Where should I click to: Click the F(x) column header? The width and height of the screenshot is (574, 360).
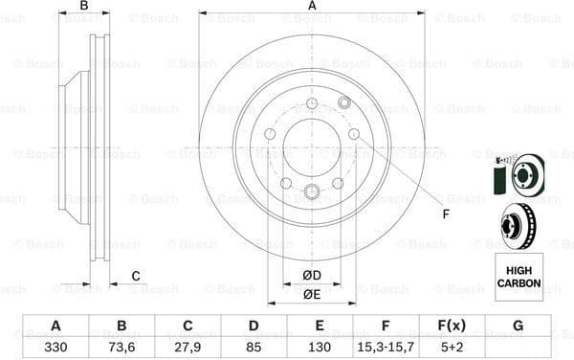coord(452,326)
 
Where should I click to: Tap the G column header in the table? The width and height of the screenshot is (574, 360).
coord(518,326)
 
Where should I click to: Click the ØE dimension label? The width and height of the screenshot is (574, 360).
coord(311,294)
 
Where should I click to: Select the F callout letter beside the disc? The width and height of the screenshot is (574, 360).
coord(445,214)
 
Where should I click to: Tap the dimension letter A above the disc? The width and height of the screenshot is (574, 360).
coord(312,7)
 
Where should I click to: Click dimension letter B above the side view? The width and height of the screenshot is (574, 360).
coord(83,7)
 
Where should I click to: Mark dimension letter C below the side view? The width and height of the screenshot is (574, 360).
coord(136,277)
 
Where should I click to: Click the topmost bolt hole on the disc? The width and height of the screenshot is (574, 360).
coord(311,103)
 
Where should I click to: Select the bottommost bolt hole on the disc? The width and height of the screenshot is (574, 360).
coord(311,191)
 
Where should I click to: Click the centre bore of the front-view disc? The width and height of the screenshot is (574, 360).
coord(311,147)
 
